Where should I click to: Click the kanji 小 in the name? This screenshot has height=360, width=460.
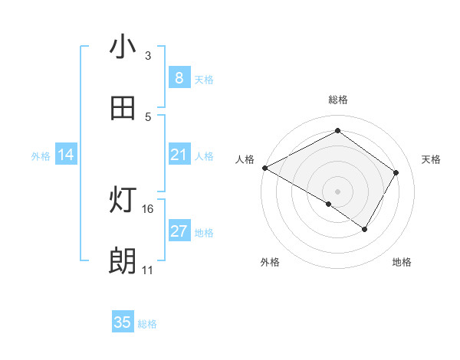click(123, 47)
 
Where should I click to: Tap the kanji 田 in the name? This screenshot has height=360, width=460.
click(123, 108)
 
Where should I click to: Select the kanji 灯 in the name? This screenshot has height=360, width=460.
click(123, 201)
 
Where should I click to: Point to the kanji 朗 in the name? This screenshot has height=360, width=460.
click(123, 262)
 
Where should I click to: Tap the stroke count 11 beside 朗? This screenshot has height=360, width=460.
click(148, 270)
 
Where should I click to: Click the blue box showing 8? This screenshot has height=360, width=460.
click(179, 78)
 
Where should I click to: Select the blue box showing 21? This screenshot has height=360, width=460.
click(179, 155)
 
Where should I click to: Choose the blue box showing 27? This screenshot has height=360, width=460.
click(179, 231)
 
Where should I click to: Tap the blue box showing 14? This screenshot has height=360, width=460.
click(66, 155)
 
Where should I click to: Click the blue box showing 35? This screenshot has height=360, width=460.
click(123, 322)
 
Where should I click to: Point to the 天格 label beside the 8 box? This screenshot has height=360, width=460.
click(204, 79)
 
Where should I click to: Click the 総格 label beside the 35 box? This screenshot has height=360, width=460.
click(147, 324)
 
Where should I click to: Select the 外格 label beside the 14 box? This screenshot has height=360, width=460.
click(41, 155)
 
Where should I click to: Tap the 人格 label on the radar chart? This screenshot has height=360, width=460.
click(245, 159)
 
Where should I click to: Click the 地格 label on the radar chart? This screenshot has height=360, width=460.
click(402, 262)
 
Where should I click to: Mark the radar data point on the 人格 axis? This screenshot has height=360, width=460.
click(264, 168)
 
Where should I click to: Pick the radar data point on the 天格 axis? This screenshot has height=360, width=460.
click(396, 172)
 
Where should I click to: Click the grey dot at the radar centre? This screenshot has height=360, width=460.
click(337, 191)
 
